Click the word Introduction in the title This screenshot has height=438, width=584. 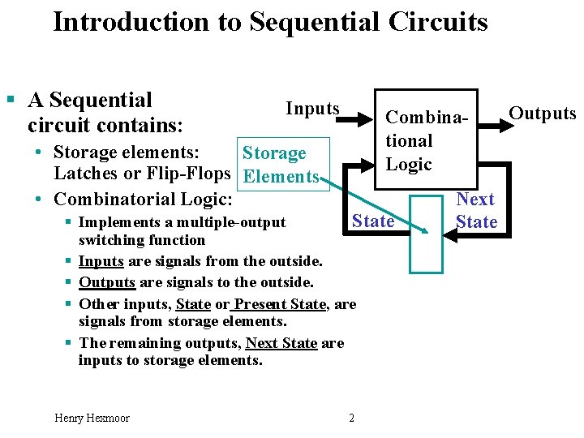coord(131,22)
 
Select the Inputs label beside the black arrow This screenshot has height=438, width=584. coord(312,109)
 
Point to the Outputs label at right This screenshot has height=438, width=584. coord(542,114)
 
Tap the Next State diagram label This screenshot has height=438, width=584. coord(475,211)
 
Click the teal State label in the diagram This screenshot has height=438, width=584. coord(373,221)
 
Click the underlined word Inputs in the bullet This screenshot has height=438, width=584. coord(101,261)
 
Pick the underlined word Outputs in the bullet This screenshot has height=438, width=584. coord(106,281)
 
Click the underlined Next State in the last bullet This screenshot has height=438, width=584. coord(281,343)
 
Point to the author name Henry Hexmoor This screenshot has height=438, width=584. coord(92,418)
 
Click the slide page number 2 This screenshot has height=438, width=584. coord(351,418)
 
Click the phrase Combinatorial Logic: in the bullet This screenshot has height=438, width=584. coord(143,199)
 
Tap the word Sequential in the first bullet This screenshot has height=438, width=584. coord(101,101)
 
